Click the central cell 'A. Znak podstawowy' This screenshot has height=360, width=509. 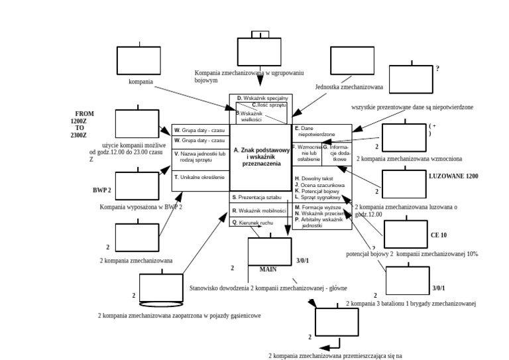(261, 157)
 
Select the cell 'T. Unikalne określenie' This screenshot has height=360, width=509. (200, 177)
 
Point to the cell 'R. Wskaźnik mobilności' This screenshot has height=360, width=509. (258, 210)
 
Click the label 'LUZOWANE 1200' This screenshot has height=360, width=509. (453, 176)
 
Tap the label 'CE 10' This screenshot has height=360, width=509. (439, 235)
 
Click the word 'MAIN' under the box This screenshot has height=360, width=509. (268, 270)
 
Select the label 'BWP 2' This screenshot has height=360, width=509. (101, 190)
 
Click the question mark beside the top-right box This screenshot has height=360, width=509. (437, 69)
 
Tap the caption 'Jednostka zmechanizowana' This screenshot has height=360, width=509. (349, 87)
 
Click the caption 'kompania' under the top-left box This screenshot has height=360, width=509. (141, 82)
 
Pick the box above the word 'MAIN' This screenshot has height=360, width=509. (269, 251)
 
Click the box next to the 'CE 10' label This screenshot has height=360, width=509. (406, 234)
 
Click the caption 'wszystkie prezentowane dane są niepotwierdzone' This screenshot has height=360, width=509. (412, 107)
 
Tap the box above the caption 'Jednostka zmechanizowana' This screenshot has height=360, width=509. (352, 60)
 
